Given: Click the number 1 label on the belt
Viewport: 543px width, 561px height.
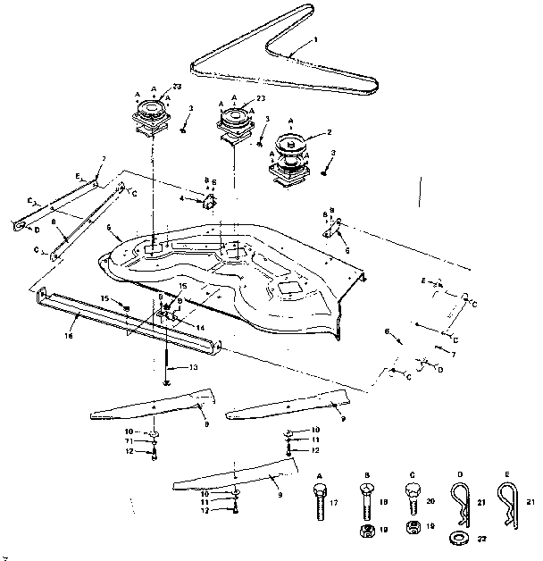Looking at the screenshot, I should tap(315, 40).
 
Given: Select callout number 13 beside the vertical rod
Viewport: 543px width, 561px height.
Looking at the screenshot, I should tap(193, 367).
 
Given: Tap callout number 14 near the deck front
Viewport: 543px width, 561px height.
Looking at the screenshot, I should tap(201, 328).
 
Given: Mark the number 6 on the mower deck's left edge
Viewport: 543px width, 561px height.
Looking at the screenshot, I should tap(108, 229).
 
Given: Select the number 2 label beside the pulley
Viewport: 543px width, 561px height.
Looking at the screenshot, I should tap(330, 132).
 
